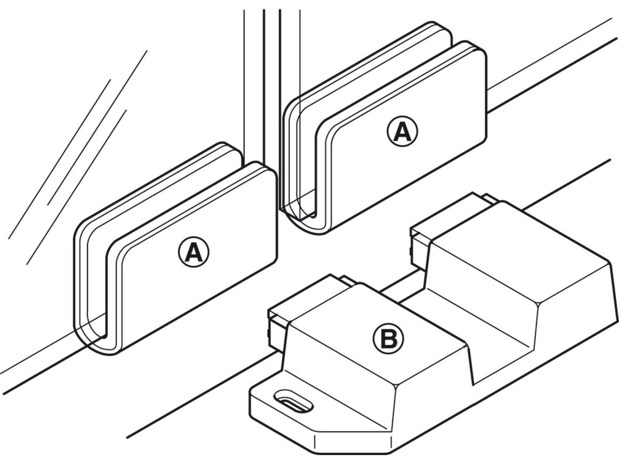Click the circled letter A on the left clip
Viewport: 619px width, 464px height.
194,252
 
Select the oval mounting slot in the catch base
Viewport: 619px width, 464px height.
293,400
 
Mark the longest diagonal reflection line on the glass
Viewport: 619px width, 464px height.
78,144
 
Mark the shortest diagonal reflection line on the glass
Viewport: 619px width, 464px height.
79,142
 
